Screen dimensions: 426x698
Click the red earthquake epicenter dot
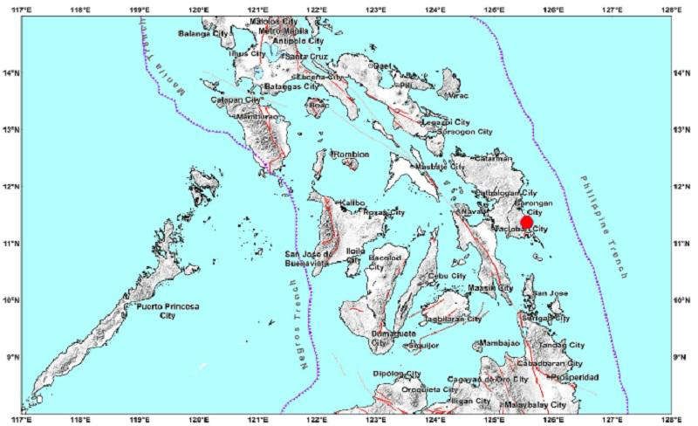(x=526, y=223)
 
